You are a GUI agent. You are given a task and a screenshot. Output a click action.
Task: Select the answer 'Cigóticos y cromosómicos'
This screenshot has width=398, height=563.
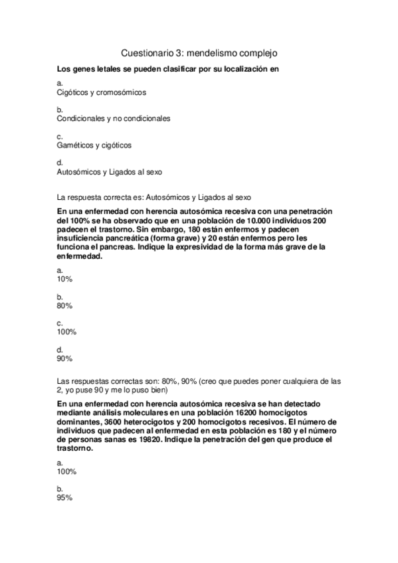(102, 93)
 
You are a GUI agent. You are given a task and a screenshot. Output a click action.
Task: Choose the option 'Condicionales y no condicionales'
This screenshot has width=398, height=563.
(114, 119)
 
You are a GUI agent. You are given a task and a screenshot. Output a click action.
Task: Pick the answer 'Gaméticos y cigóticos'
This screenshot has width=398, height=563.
(94, 145)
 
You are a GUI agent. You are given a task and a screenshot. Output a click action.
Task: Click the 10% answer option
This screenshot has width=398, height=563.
(65, 280)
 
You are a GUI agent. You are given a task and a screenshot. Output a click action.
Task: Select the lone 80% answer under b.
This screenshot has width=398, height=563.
(65, 305)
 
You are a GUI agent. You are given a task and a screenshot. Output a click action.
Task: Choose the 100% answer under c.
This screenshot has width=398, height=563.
(67, 331)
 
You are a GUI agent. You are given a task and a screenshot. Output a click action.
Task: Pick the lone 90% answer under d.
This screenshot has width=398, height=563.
(65, 358)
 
